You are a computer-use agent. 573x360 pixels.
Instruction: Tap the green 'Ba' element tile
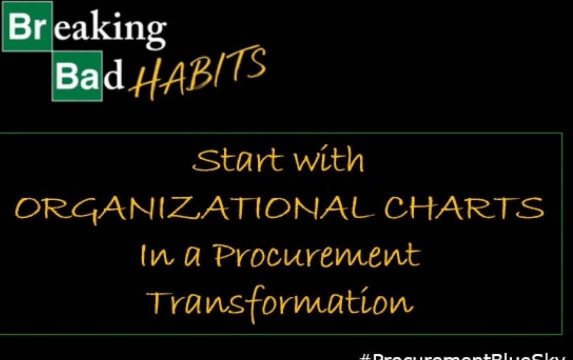[77, 76]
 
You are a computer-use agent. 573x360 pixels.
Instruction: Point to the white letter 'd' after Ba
[114, 76]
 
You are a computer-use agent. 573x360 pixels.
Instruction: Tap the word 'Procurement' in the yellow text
[315, 255]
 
